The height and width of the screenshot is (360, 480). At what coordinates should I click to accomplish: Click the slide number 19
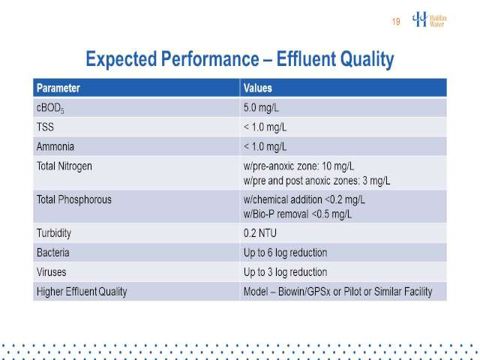click(396, 22)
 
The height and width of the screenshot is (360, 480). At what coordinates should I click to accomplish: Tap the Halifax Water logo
click(429, 19)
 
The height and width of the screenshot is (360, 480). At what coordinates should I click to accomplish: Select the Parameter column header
click(58, 88)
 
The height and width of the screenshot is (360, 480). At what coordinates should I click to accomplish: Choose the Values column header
click(258, 88)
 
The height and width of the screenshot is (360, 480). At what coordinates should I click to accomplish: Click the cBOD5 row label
click(50, 108)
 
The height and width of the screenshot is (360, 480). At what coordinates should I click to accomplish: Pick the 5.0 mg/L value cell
click(261, 108)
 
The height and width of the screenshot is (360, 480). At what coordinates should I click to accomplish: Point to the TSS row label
click(45, 127)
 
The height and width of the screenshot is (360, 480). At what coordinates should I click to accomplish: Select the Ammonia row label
click(55, 147)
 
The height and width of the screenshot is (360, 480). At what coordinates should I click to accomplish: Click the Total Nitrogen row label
click(64, 166)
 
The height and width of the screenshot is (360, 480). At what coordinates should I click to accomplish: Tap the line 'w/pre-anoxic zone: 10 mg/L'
click(298, 166)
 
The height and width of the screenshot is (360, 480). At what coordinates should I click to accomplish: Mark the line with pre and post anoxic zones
click(316, 181)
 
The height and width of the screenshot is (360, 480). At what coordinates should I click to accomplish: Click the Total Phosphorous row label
click(74, 199)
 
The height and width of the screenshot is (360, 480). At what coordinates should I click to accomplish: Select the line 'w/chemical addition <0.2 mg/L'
click(304, 199)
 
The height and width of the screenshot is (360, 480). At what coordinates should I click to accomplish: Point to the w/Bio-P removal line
click(298, 214)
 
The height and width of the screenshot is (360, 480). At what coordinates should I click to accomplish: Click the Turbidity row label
click(54, 233)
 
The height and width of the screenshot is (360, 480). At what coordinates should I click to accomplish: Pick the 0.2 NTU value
click(260, 233)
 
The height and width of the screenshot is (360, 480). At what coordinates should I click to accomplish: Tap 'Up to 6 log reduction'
click(285, 253)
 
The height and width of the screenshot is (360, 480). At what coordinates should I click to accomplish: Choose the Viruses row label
click(52, 272)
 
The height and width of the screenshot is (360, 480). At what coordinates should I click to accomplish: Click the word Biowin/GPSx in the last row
click(304, 292)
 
